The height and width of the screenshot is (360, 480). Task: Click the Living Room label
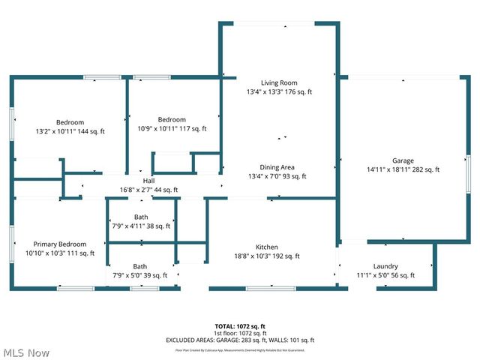tap(279, 82)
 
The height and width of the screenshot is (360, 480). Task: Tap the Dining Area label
tap(277, 167)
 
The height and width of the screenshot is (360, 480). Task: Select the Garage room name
tap(403, 160)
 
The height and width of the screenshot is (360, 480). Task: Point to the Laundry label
tap(385, 266)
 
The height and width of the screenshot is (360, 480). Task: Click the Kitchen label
tap(266, 247)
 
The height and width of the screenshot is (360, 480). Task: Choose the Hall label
tap(148, 181)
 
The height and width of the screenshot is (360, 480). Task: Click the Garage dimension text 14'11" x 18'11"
tap(403, 170)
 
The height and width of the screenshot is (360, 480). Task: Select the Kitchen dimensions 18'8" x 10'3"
tap(266, 256)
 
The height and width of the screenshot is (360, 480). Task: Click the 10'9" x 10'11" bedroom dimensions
tap(171, 129)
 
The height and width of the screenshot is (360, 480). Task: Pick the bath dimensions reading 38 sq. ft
tap(141, 226)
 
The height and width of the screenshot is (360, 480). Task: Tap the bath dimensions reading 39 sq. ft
tap(140, 275)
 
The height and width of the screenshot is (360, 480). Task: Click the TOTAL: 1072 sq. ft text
tap(240, 326)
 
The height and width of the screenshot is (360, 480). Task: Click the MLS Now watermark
tap(26, 352)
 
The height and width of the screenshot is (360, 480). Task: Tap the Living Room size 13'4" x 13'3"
tap(279, 92)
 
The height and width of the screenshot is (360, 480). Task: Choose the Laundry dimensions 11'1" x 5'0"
tap(385, 275)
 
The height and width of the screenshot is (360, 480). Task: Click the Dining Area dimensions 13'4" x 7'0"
tap(277, 176)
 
